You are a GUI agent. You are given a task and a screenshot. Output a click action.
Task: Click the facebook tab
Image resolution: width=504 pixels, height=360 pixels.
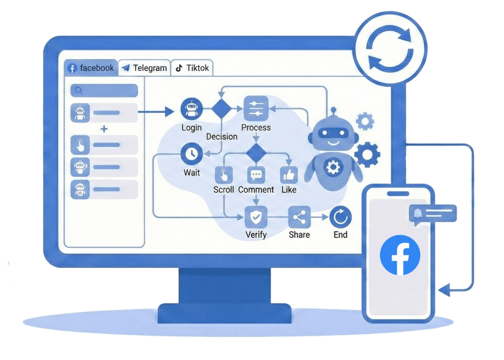tap(91, 68)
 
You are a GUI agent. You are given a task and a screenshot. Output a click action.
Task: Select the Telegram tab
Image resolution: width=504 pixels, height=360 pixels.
tap(144, 68)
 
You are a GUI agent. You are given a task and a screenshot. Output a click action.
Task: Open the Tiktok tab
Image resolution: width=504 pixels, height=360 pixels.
tap(192, 68)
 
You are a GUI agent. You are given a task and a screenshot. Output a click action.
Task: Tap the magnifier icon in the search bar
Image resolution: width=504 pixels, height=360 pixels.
tap(79, 90)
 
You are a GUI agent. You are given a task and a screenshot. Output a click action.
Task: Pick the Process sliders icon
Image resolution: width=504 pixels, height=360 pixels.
tap(256, 108)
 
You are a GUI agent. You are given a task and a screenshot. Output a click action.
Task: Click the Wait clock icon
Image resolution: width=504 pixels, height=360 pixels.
tap(192, 154)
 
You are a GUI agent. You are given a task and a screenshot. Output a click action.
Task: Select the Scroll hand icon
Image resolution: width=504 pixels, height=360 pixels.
tap(224, 175)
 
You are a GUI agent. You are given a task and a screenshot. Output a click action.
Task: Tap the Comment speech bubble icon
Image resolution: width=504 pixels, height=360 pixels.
tap(256, 175)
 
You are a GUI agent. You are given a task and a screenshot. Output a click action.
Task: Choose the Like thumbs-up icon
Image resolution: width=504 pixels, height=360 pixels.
tap(289, 175)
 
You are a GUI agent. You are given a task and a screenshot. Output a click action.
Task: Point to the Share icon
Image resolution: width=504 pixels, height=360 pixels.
tap(299, 217)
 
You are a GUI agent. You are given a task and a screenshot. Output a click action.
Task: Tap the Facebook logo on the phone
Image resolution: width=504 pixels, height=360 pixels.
tap(400, 255)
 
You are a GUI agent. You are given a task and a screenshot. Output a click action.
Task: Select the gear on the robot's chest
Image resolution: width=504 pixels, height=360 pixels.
tap(333, 167)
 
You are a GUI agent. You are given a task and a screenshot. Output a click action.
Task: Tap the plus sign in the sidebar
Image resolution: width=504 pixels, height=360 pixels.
tap(104, 129)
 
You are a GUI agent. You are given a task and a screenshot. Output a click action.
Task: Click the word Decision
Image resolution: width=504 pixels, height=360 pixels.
tap(222, 136)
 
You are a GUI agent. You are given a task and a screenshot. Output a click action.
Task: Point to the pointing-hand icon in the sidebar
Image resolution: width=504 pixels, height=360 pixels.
tap(80, 145)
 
